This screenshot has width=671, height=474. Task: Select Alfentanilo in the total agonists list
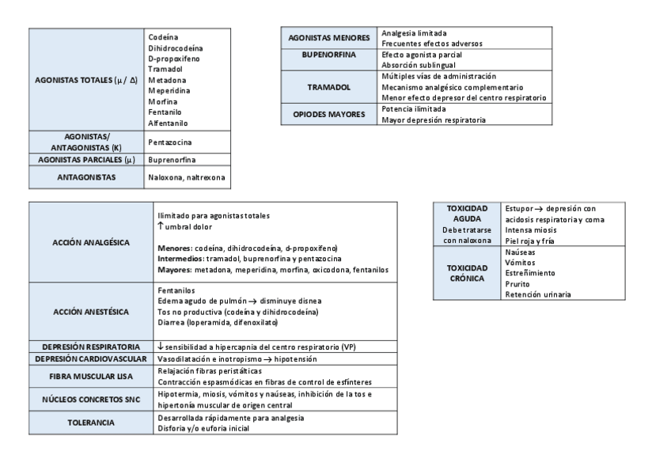pos(168,123)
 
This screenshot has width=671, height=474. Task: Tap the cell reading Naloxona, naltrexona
pos(186,177)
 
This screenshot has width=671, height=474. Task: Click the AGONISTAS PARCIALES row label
pos(86,159)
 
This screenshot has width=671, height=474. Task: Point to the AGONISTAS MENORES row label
pos(328,37)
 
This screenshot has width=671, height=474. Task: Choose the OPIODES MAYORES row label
pos(328,114)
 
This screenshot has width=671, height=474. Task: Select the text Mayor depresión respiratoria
pos(434,119)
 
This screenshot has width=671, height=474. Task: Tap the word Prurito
pos(517,283)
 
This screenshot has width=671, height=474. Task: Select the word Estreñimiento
pos(529,273)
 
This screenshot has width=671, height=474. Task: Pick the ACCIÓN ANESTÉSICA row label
pos(91,312)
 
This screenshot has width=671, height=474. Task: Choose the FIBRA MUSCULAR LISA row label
pos(91,376)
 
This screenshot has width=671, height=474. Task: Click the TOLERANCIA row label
pos(91,423)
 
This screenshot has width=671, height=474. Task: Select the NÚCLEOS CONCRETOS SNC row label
pos(91,399)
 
